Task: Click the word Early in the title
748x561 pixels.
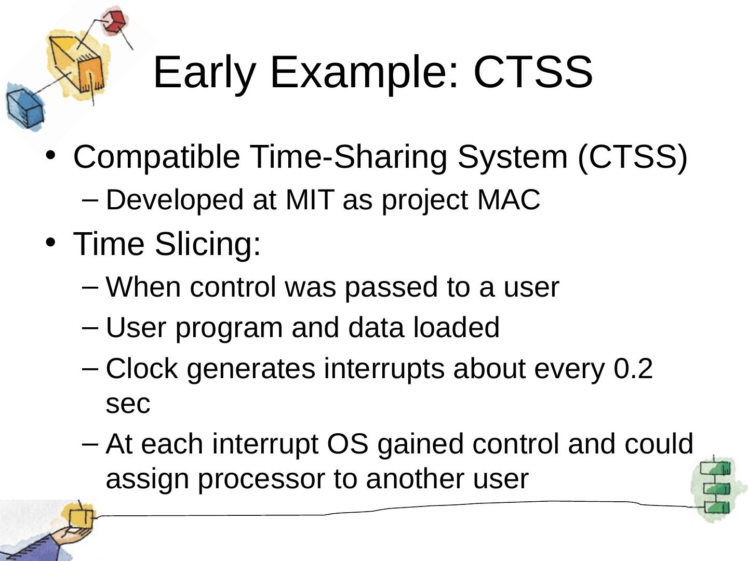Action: point(205,74)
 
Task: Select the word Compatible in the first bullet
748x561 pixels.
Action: point(157,157)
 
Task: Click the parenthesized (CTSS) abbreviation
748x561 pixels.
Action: point(633,157)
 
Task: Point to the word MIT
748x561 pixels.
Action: point(310,199)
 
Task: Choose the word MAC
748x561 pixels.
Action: point(509,199)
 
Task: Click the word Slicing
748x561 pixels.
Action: point(208,245)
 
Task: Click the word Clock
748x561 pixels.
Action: point(142,369)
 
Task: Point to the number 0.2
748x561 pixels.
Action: point(633,369)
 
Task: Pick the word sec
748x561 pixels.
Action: point(128,404)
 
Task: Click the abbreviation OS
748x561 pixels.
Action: point(348,444)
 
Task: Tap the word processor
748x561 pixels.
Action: point(261,479)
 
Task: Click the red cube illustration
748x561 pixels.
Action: point(114,22)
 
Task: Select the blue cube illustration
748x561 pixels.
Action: point(25,108)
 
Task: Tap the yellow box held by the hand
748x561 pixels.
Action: point(81,518)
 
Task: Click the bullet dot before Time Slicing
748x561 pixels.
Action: point(51,243)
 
